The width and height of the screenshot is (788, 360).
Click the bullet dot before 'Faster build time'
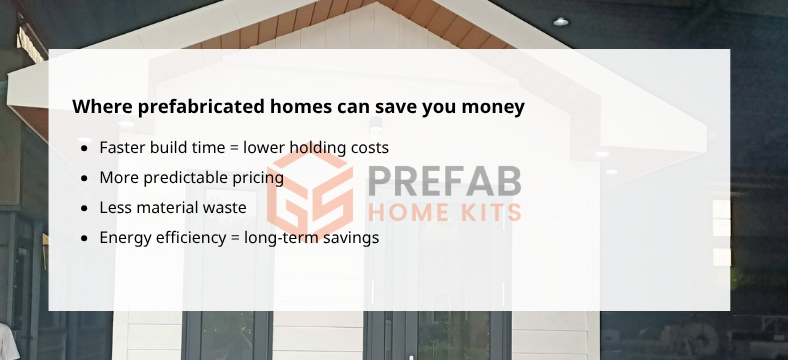(84, 149)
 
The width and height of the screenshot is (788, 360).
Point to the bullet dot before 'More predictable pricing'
(84, 179)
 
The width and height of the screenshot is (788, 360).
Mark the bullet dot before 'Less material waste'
(84, 209)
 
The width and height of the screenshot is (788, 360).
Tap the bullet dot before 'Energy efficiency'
(84, 239)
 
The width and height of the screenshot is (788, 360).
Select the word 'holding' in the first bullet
(319, 148)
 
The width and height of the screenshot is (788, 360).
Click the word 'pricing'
(258, 179)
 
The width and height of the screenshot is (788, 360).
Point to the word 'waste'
(223, 208)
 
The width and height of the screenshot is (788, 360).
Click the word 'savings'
(350, 239)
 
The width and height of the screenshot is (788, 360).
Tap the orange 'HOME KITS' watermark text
(444, 212)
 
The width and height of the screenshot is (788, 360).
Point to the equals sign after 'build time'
(234, 149)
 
